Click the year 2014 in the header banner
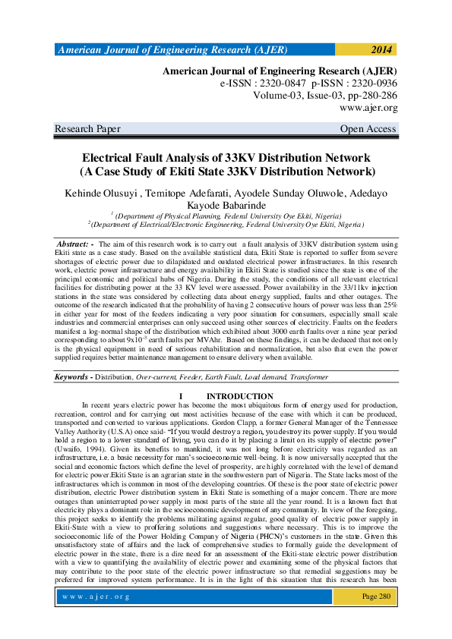click(381, 50)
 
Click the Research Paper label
click(87, 129)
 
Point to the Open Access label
click(368, 129)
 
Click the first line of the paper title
click(226, 158)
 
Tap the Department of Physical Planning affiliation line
click(226, 216)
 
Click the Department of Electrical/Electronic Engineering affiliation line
click(226, 225)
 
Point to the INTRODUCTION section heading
click(239, 396)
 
